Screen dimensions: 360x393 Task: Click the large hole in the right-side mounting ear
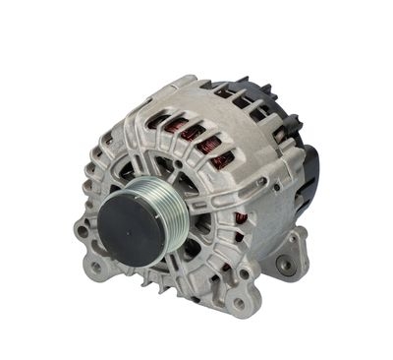point(285,264)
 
